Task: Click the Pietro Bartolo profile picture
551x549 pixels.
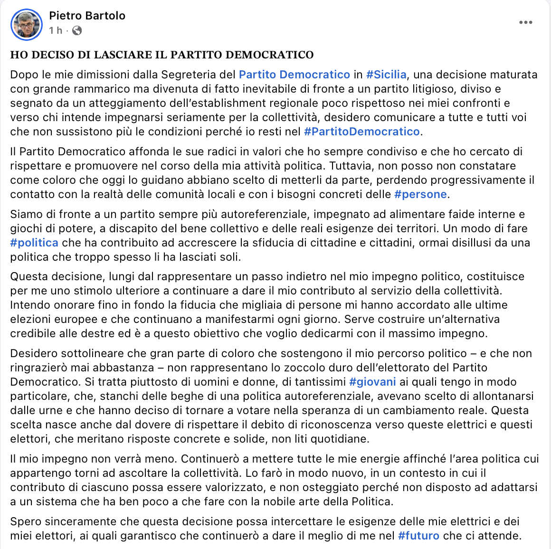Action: (x=27, y=24)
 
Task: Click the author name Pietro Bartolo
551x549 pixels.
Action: (x=87, y=16)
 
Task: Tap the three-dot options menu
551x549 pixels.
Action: (x=525, y=23)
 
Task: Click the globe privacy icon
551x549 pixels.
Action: (x=77, y=31)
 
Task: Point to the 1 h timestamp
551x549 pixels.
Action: (x=56, y=31)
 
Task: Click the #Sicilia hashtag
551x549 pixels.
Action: (x=386, y=75)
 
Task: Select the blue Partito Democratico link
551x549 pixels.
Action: (x=294, y=75)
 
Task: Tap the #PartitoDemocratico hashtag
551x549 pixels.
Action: (x=361, y=132)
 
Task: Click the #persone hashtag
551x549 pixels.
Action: (x=420, y=194)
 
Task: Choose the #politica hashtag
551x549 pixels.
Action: (x=34, y=243)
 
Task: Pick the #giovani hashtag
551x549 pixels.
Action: (x=372, y=382)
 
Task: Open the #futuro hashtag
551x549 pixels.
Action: (x=418, y=536)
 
